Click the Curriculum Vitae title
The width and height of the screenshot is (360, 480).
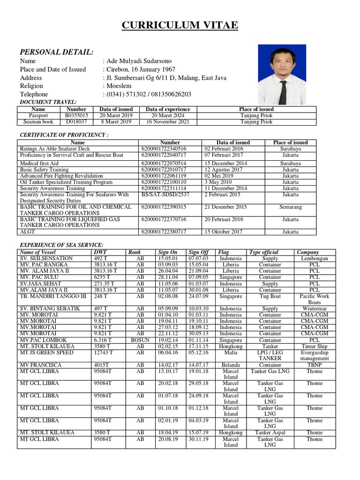180,25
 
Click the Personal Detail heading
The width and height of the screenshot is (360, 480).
56,52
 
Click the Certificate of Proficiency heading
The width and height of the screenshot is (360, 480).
64,135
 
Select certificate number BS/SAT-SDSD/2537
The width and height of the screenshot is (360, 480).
165,195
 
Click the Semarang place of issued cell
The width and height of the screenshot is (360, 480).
290,207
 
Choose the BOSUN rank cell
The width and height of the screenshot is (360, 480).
140,340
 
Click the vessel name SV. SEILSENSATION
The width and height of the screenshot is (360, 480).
46,258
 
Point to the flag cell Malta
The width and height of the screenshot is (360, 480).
231,352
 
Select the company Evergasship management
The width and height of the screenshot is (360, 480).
315,355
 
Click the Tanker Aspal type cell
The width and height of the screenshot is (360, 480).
270,433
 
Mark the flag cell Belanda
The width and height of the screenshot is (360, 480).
231,365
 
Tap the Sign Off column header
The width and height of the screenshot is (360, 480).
198,252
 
